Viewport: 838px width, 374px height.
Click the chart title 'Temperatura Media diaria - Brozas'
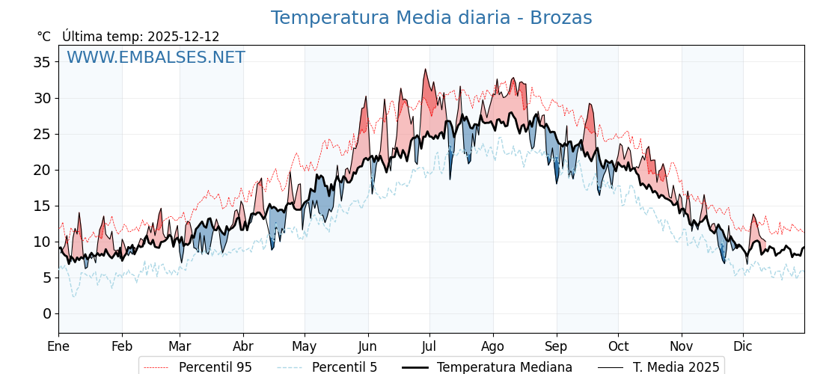tap(431, 18)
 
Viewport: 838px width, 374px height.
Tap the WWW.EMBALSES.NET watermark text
tap(156, 58)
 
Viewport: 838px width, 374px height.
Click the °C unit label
tap(43, 37)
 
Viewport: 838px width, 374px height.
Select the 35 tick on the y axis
tap(42, 62)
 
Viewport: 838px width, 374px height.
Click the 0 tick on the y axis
tap(46, 313)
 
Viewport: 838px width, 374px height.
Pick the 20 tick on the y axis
tap(42, 170)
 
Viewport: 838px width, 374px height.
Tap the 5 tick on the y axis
tap(46, 278)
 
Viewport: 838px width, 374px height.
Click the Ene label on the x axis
tap(58, 346)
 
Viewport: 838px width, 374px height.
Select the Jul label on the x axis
tap(429, 346)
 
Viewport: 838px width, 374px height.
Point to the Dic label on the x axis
tap(743, 346)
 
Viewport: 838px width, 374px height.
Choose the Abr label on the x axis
tap(243, 346)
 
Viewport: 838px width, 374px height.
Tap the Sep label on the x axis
tap(556, 346)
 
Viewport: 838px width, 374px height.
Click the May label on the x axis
tap(305, 346)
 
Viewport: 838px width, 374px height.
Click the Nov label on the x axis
tap(682, 346)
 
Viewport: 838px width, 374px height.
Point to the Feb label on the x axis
tap(122, 346)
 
